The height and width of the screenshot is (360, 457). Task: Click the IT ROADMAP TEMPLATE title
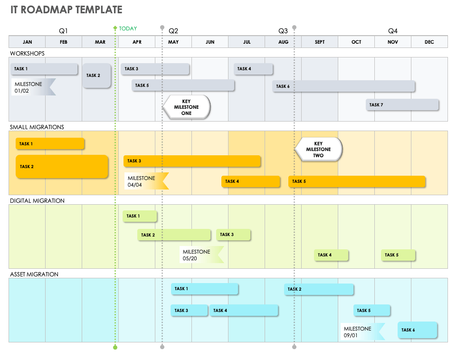click(x=67, y=10)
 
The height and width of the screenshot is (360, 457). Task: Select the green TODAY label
click(x=128, y=28)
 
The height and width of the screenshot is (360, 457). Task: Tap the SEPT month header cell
click(x=320, y=42)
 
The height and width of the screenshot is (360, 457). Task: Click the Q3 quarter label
click(x=283, y=31)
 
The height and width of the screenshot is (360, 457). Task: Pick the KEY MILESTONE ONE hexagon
click(x=186, y=107)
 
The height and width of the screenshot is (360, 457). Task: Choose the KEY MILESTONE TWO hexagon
click(x=318, y=150)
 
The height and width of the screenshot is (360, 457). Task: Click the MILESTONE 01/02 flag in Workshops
click(x=33, y=87)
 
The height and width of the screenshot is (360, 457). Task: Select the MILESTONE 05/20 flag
click(x=201, y=255)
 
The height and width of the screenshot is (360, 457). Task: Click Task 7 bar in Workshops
click(x=402, y=105)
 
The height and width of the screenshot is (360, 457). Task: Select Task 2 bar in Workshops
click(x=97, y=76)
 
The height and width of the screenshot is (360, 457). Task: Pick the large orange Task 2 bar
click(x=62, y=167)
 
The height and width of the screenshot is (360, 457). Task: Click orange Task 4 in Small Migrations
click(x=250, y=181)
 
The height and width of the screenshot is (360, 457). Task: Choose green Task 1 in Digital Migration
click(x=140, y=216)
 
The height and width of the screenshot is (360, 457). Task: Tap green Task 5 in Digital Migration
click(x=398, y=255)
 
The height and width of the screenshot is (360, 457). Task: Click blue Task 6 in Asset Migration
click(x=417, y=330)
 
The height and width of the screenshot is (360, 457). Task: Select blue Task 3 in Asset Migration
click(x=189, y=311)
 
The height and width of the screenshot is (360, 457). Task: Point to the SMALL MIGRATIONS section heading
click(x=37, y=127)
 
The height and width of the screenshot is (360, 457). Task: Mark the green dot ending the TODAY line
click(x=115, y=348)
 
